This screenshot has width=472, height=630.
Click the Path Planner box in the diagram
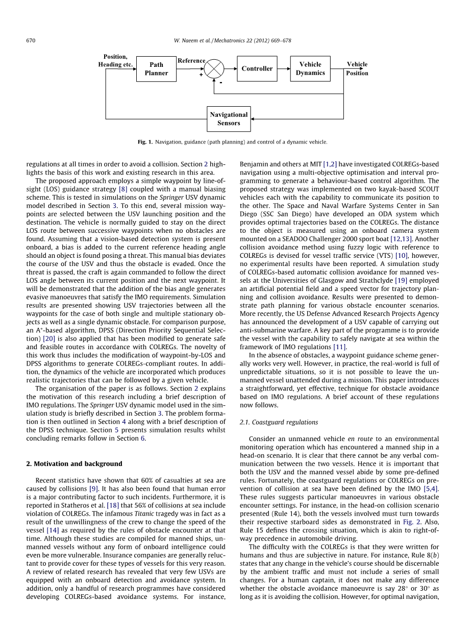point(156,69)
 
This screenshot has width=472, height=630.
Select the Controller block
point(257,68)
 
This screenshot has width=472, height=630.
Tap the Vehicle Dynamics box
point(310,68)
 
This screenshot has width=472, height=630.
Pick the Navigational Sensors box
point(229,118)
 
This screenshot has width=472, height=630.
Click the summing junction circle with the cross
point(214,68)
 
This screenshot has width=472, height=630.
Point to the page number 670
point(31,41)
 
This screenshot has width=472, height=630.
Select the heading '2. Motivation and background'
point(74,464)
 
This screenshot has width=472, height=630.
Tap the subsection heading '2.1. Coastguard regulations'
point(279,422)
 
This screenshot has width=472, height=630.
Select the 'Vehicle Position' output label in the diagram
point(357,68)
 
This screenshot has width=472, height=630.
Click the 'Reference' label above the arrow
point(191,61)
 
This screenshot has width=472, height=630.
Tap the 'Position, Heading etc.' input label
point(115,61)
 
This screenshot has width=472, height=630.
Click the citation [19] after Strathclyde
point(402,280)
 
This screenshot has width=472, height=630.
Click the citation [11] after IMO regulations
point(341,347)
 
